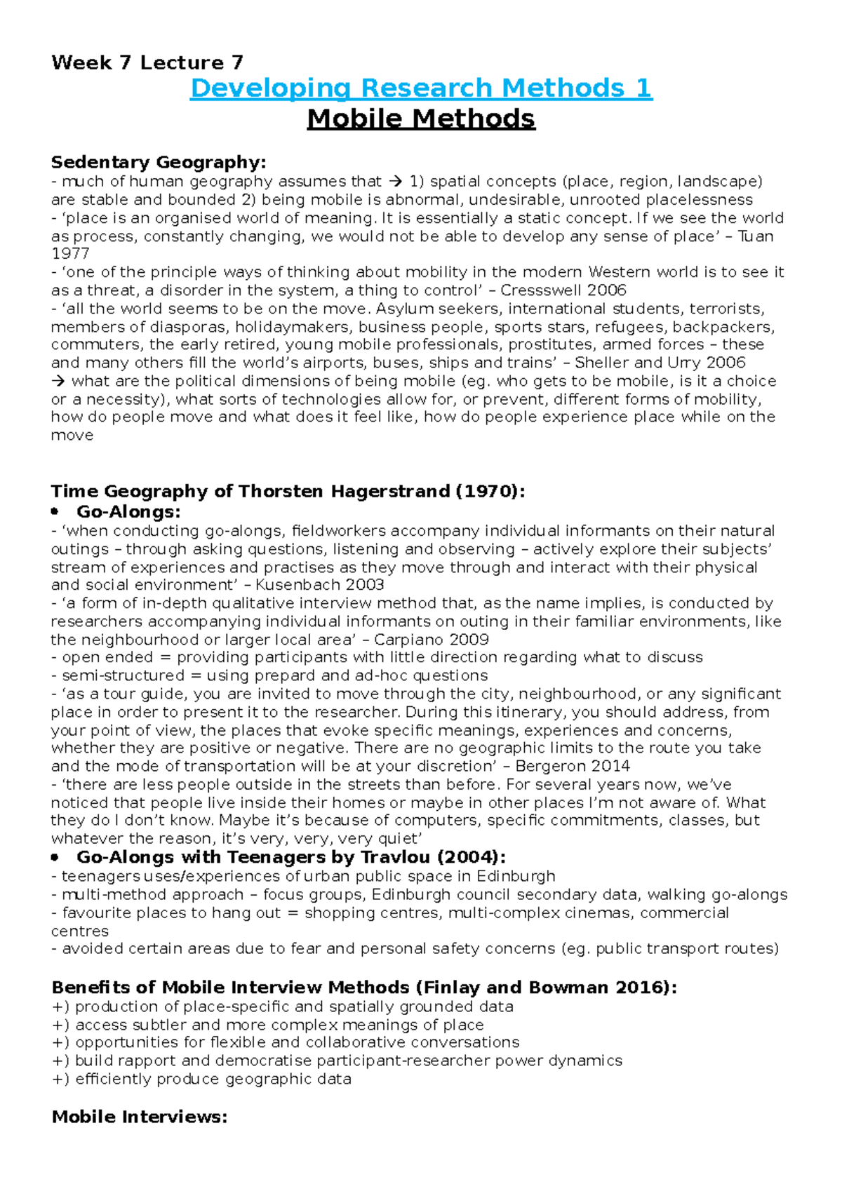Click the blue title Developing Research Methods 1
pyautogui.click(x=421, y=88)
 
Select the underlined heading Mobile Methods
pyautogui.click(x=421, y=119)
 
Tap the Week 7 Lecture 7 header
pyautogui.click(x=147, y=62)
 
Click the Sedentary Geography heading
pyautogui.click(x=159, y=163)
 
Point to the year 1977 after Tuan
pyautogui.click(x=70, y=254)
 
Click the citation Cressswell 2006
pyautogui.click(x=563, y=290)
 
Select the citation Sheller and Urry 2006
pyautogui.click(x=660, y=363)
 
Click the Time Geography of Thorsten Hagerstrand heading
pyautogui.click(x=288, y=491)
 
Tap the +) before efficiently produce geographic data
pyautogui.click(x=60, y=1079)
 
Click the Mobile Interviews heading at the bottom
pyautogui.click(x=140, y=1117)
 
